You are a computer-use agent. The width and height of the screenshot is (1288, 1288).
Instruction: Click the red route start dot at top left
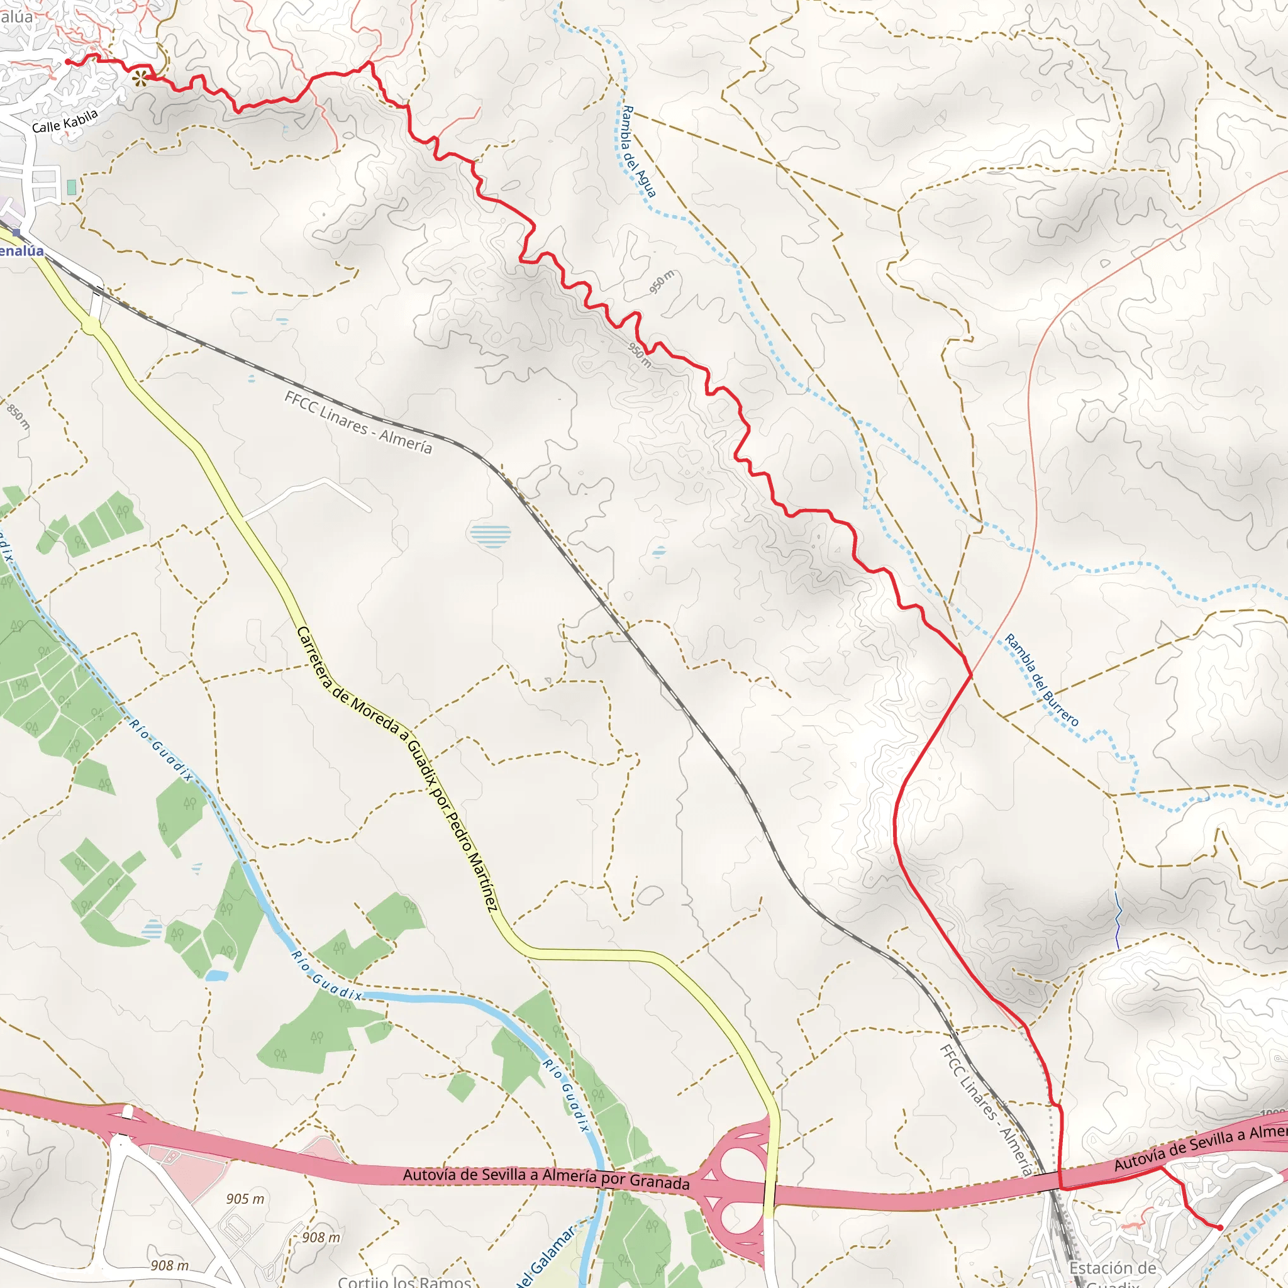coord(68,62)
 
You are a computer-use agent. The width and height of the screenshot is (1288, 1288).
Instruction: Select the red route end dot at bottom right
coord(1219,1228)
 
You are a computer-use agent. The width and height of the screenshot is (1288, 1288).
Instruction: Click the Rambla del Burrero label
coord(1041,680)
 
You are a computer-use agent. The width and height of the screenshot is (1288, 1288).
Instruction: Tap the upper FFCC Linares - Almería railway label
coord(358,423)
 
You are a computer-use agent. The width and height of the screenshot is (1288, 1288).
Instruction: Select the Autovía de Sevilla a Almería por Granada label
coord(545,1179)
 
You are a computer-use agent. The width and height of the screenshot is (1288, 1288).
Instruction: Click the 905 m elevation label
coord(245,1199)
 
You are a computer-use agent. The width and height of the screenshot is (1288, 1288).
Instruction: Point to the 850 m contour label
coord(19,416)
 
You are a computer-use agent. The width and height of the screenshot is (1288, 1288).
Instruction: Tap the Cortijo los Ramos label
coord(404,1280)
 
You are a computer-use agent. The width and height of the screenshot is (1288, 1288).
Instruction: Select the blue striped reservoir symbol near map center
coord(490,536)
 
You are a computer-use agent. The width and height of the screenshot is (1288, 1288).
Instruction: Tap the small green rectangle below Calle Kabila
coord(71,187)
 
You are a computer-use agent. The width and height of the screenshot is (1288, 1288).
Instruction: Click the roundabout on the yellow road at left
coord(91,325)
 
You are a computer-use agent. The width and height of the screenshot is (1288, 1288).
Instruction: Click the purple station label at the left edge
coord(21,252)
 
